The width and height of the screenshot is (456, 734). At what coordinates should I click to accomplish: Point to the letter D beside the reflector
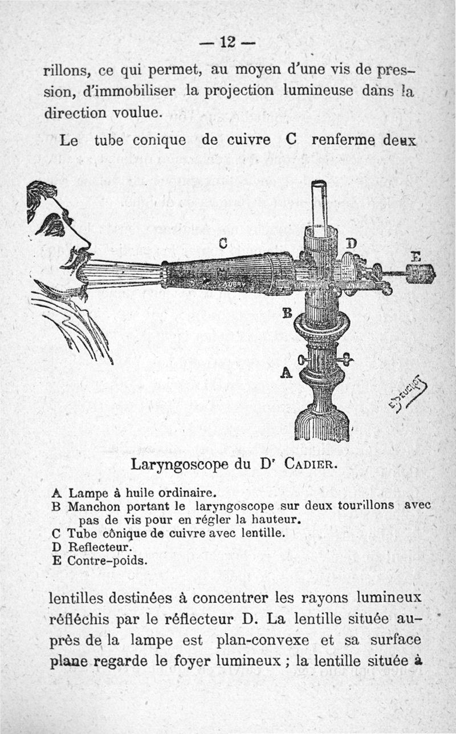coord(352,244)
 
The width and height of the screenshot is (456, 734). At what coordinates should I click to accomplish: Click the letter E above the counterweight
coord(416,257)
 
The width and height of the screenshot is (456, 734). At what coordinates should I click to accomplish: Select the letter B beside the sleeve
coord(287,313)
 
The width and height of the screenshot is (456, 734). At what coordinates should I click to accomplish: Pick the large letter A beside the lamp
coord(287,372)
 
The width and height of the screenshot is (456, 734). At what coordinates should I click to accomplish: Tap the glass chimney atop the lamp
coord(319,204)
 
